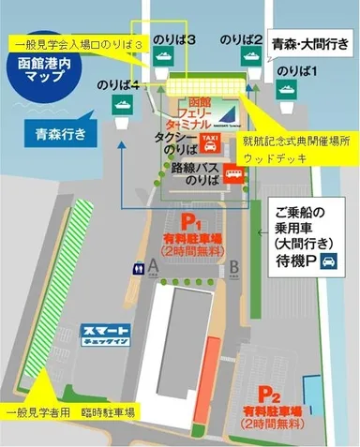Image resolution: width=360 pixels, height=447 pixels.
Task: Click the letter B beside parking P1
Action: pyautogui.click(x=233, y=265)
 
